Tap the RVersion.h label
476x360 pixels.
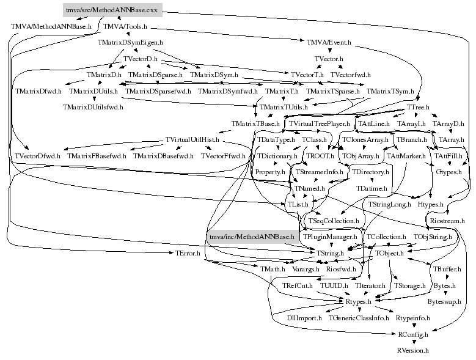(x=412, y=351)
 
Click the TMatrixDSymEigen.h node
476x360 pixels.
(x=131, y=43)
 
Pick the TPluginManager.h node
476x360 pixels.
(x=329, y=236)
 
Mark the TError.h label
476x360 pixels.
(x=188, y=252)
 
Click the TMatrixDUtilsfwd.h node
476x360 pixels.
(x=93, y=107)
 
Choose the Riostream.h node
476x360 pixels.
(x=447, y=220)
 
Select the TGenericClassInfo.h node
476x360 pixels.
(x=359, y=318)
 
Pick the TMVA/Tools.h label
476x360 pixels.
(x=125, y=27)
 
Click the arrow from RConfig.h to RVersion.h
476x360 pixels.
(x=413, y=342)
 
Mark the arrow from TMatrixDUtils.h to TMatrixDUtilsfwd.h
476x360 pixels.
(x=93, y=99)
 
